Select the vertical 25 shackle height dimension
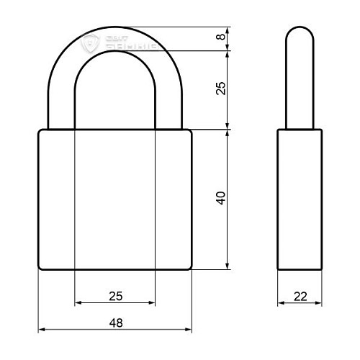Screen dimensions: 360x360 221,87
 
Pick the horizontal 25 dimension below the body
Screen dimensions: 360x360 115,295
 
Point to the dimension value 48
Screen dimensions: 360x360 115,323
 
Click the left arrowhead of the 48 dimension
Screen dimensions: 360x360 41,330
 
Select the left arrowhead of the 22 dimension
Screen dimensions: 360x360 281,302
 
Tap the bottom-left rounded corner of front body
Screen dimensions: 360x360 40,267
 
